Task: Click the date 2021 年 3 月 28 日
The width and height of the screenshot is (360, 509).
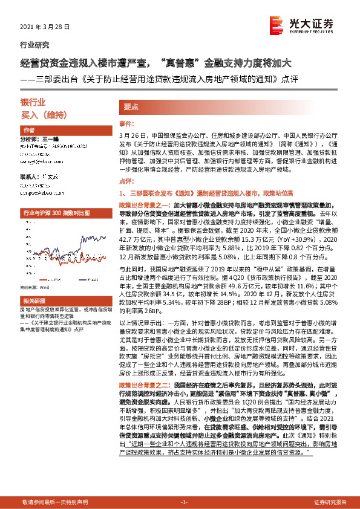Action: (45, 28)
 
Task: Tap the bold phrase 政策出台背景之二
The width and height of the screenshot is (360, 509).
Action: (140, 384)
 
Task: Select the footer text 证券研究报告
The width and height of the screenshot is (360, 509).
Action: (330, 502)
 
